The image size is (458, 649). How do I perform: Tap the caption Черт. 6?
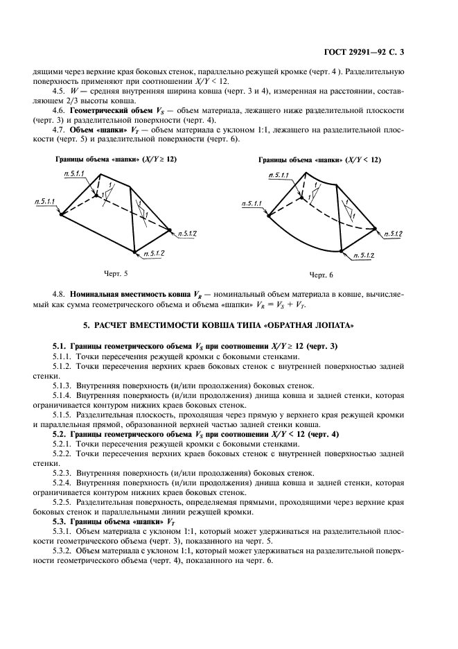321,275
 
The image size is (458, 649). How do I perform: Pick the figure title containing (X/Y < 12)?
319,159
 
